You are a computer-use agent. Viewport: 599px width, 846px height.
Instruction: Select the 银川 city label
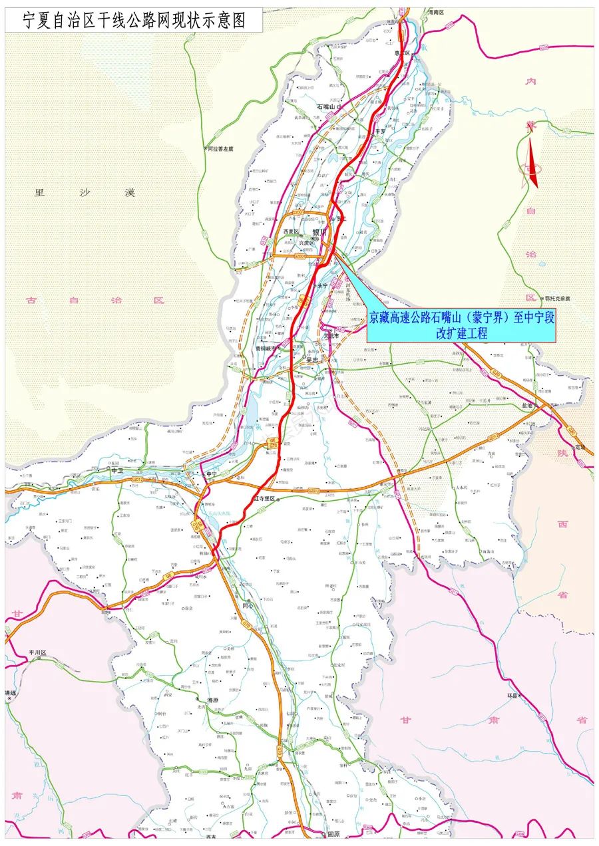320,233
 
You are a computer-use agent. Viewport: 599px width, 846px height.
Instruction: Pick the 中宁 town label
212,474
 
